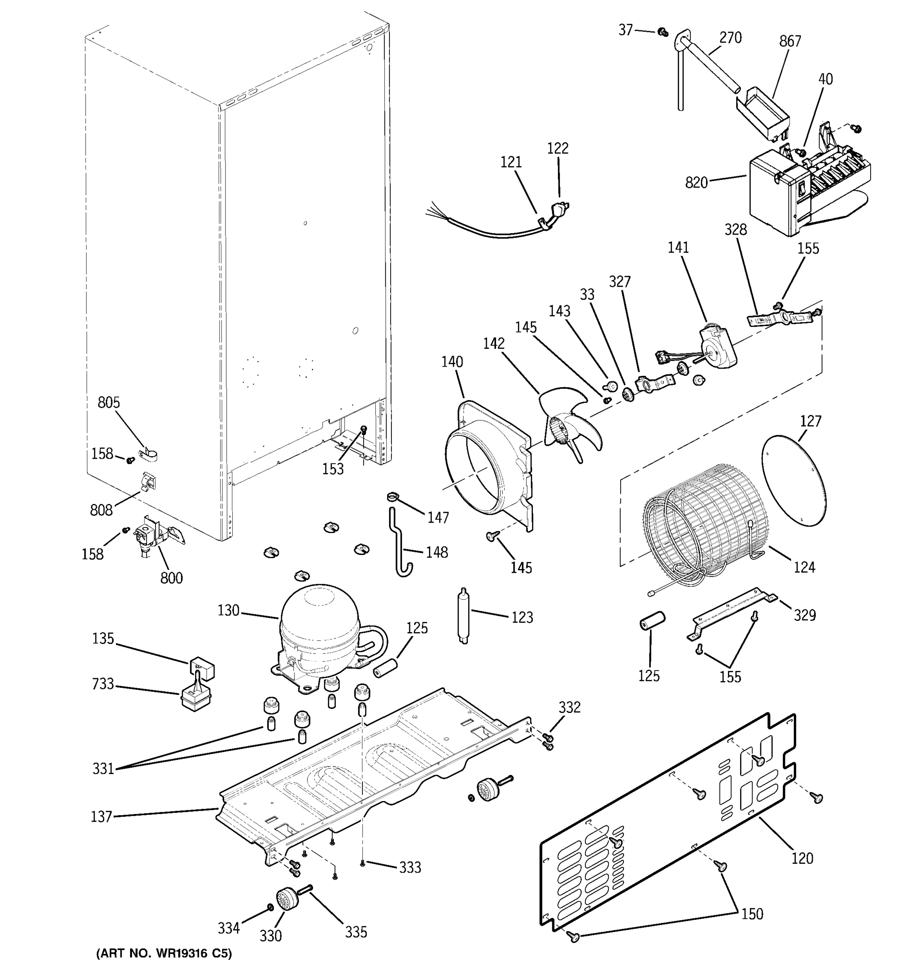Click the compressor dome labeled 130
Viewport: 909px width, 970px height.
[320, 618]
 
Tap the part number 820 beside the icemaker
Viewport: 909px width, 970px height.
[696, 183]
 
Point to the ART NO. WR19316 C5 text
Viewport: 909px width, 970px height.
[164, 952]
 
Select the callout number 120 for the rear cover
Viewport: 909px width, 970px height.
[802, 858]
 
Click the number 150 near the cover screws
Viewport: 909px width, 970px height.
[752, 913]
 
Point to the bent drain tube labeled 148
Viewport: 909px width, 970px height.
[400, 544]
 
